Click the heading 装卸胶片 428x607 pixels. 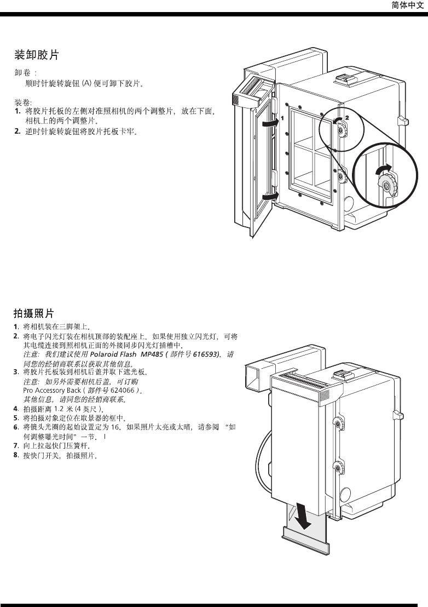point(36,55)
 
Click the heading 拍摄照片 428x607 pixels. point(34,313)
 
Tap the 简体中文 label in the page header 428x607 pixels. point(408,5)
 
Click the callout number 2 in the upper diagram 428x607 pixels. point(346,117)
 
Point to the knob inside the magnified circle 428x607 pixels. point(387,187)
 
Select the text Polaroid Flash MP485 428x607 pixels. point(123,354)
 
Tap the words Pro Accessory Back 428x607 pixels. point(52,391)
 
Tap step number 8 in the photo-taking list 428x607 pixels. point(16,454)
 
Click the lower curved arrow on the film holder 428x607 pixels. point(270,196)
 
